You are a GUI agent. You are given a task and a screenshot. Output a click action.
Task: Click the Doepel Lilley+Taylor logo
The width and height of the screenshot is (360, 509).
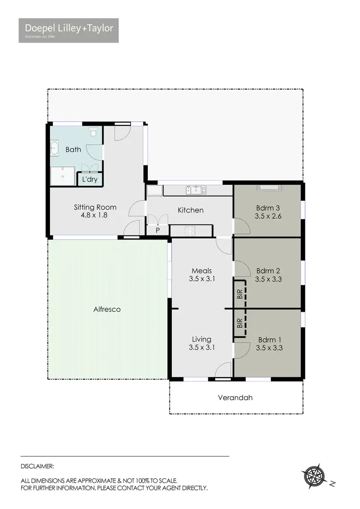[69, 30]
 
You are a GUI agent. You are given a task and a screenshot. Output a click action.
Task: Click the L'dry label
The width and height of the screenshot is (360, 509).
[90, 179]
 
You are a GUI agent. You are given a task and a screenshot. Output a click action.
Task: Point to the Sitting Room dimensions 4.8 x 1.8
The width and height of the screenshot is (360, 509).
[95, 215]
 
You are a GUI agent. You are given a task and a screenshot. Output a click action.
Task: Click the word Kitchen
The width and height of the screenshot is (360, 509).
[191, 210]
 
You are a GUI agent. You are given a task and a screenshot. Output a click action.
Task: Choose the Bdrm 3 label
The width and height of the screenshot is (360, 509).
[267, 208]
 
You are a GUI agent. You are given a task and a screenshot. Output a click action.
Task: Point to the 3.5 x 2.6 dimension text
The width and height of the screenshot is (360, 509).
[267, 216]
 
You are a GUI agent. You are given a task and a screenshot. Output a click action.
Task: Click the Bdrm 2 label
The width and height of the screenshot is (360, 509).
[267, 270]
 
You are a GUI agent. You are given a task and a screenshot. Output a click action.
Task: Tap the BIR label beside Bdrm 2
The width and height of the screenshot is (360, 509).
[240, 294]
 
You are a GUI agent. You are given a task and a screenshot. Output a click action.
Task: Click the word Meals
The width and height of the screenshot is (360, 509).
[202, 271]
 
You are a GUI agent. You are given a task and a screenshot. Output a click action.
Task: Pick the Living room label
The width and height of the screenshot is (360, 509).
[202, 339]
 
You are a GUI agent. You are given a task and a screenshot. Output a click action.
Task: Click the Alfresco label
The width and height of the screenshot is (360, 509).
[107, 309]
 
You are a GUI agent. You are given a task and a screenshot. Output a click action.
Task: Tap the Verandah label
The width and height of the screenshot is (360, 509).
[235, 398]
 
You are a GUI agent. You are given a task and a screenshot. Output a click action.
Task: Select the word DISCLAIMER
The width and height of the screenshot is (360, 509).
[37, 466]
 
